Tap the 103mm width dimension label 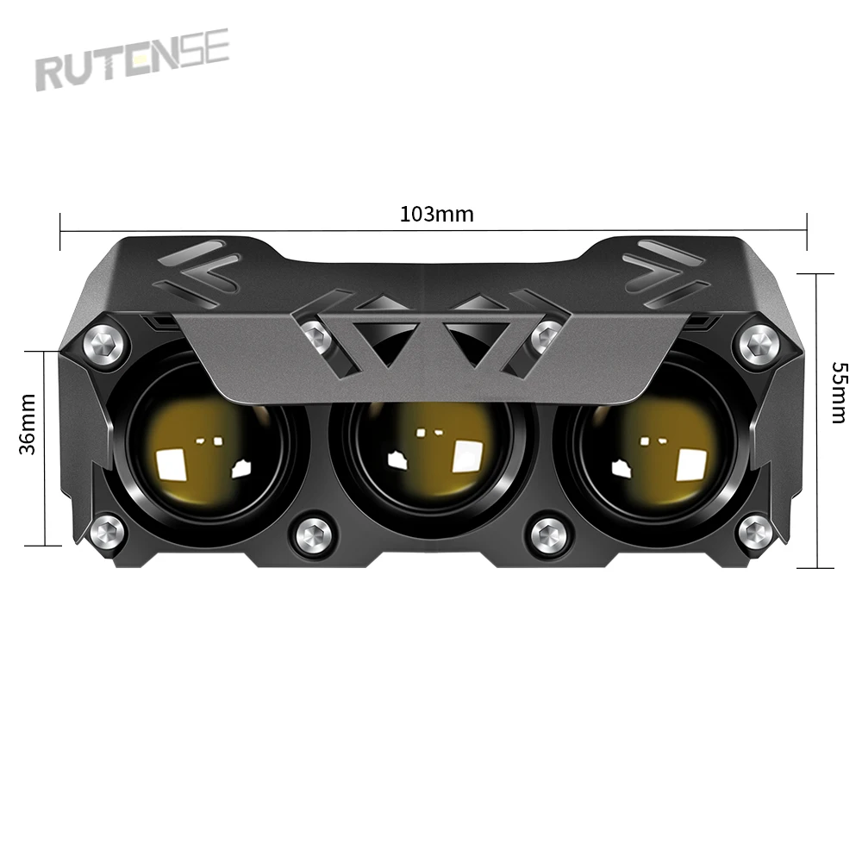tap(436, 214)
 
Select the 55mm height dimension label tap(838, 392)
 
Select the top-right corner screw tap(759, 345)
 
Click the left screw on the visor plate tap(315, 336)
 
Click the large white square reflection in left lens tap(172, 465)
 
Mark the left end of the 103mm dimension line tap(60, 228)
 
